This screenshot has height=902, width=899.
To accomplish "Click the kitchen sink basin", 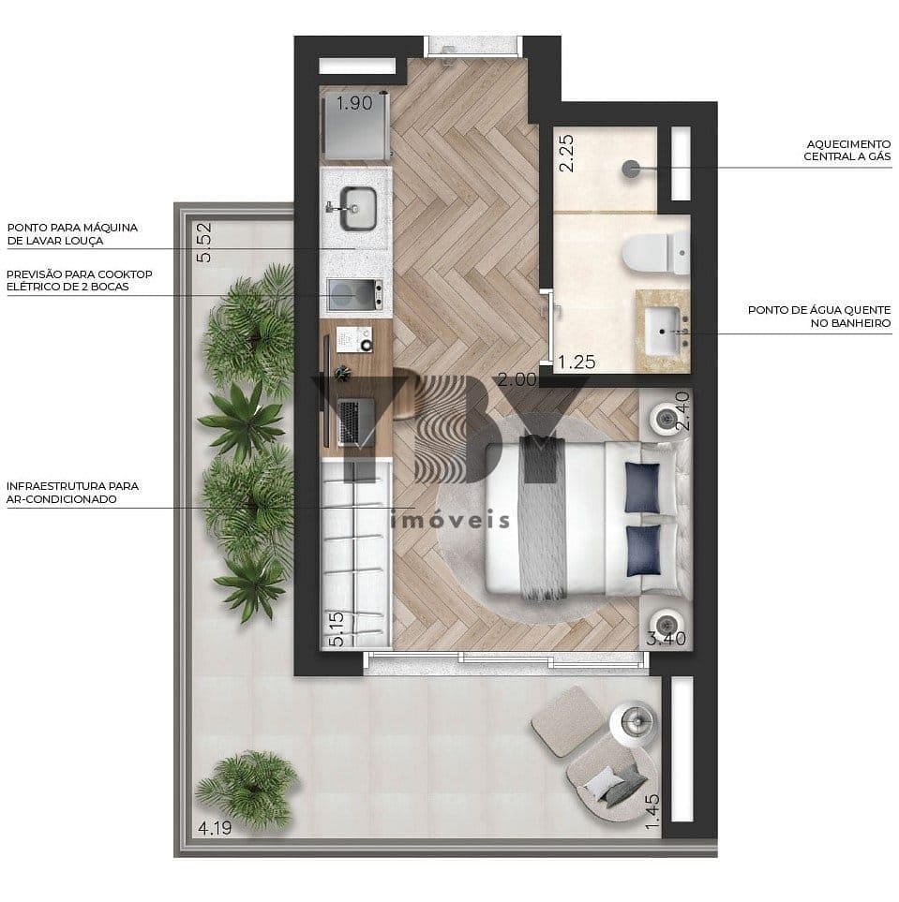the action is click(x=358, y=208).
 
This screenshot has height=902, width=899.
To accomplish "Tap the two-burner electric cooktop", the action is click(x=354, y=294).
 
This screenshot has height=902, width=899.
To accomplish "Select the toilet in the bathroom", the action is click(x=656, y=253).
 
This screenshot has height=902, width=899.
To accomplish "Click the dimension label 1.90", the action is click(x=354, y=104).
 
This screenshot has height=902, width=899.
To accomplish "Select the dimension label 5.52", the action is click(x=203, y=243).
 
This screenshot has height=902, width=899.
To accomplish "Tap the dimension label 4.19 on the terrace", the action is click(x=215, y=828).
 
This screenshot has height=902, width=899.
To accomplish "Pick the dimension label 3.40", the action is click(x=666, y=639).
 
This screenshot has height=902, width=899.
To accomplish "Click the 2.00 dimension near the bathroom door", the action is click(x=517, y=379).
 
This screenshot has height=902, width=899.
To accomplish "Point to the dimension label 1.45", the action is click(x=652, y=812).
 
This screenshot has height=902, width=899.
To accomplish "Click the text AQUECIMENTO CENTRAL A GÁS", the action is click(x=847, y=150).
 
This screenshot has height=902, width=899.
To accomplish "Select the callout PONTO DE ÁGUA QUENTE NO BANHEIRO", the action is click(x=819, y=317).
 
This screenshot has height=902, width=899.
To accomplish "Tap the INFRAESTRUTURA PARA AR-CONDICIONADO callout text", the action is click(x=72, y=493).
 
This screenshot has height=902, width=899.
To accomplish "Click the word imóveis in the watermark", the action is click(x=450, y=521).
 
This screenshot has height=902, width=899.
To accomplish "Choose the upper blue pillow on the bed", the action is click(x=643, y=488).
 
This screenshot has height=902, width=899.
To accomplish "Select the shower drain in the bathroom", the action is click(x=631, y=169).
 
